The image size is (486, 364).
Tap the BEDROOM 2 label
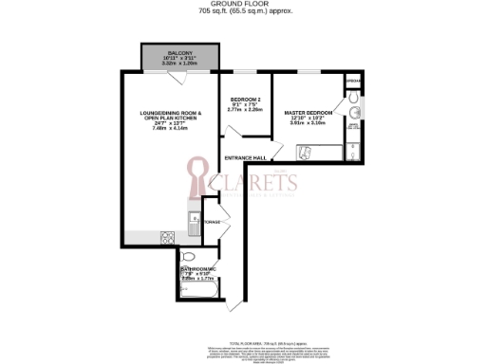pyautogui.click(x=245, y=98)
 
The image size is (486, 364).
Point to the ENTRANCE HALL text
pyautogui.click(x=244, y=157)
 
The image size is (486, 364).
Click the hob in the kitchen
pyautogui.click(x=168, y=236)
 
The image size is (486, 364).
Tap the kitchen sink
pyautogui.click(x=193, y=226)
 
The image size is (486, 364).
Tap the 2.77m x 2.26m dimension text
pyautogui.click(x=245, y=109)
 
